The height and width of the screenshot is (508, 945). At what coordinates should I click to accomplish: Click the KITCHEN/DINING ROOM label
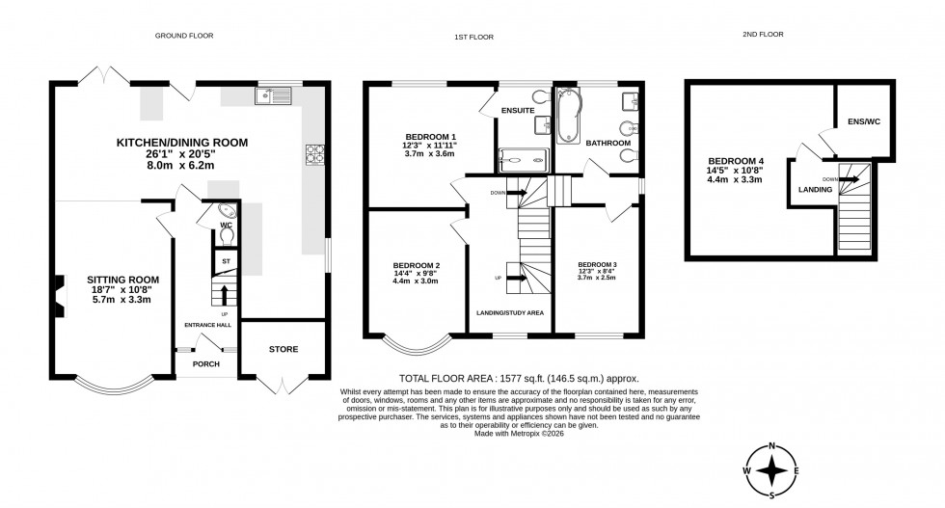click(x=182, y=143)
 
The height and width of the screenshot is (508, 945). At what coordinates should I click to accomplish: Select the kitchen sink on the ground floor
click(x=274, y=95)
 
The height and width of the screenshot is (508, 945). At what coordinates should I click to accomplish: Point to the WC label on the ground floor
click(x=227, y=225)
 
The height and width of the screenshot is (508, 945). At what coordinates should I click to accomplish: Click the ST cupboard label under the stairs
click(x=226, y=260)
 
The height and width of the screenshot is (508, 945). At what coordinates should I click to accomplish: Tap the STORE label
click(x=283, y=349)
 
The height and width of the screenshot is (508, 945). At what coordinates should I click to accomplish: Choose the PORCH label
click(x=206, y=363)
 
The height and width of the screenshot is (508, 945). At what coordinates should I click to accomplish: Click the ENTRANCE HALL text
click(x=207, y=325)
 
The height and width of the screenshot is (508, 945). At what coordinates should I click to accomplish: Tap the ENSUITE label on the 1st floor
click(x=518, y=111)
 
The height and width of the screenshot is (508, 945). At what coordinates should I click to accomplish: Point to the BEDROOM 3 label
click(x=597, y=264)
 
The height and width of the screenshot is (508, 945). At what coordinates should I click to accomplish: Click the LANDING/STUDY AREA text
click(x=510, y=313)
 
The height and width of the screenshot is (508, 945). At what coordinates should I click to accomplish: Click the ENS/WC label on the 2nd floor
click(x=863, y=121)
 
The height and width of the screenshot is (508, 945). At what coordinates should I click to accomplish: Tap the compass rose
click(x=772, y=470)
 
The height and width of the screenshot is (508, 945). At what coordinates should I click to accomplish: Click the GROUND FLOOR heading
click(x=184, y=36)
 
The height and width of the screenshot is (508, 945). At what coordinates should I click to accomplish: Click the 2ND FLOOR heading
click(x=763, y=34)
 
